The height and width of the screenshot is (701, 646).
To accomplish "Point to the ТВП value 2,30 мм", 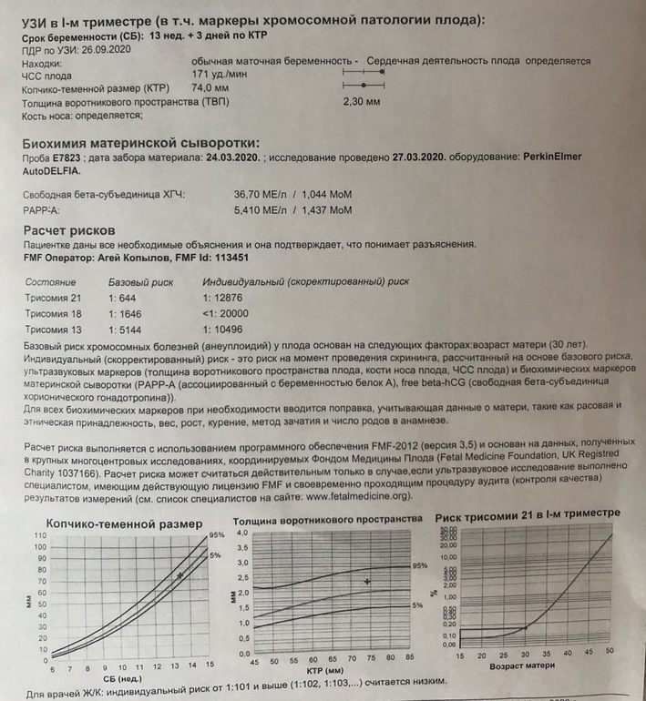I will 361,102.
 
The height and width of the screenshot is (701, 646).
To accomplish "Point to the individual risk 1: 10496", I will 229,330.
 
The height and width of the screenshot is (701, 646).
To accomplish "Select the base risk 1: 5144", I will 130,330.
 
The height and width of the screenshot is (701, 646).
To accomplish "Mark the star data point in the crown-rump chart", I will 181,575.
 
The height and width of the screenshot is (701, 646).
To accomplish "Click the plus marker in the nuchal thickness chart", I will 367,581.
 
